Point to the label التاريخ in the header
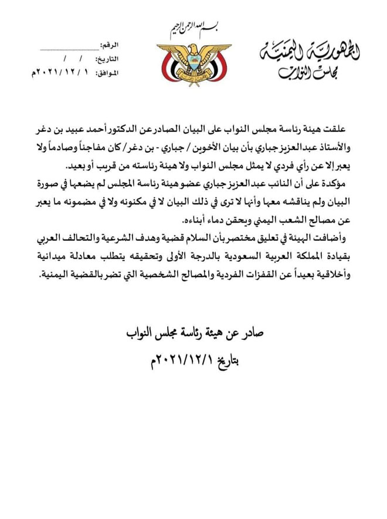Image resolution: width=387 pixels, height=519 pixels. tap(106, 59)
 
